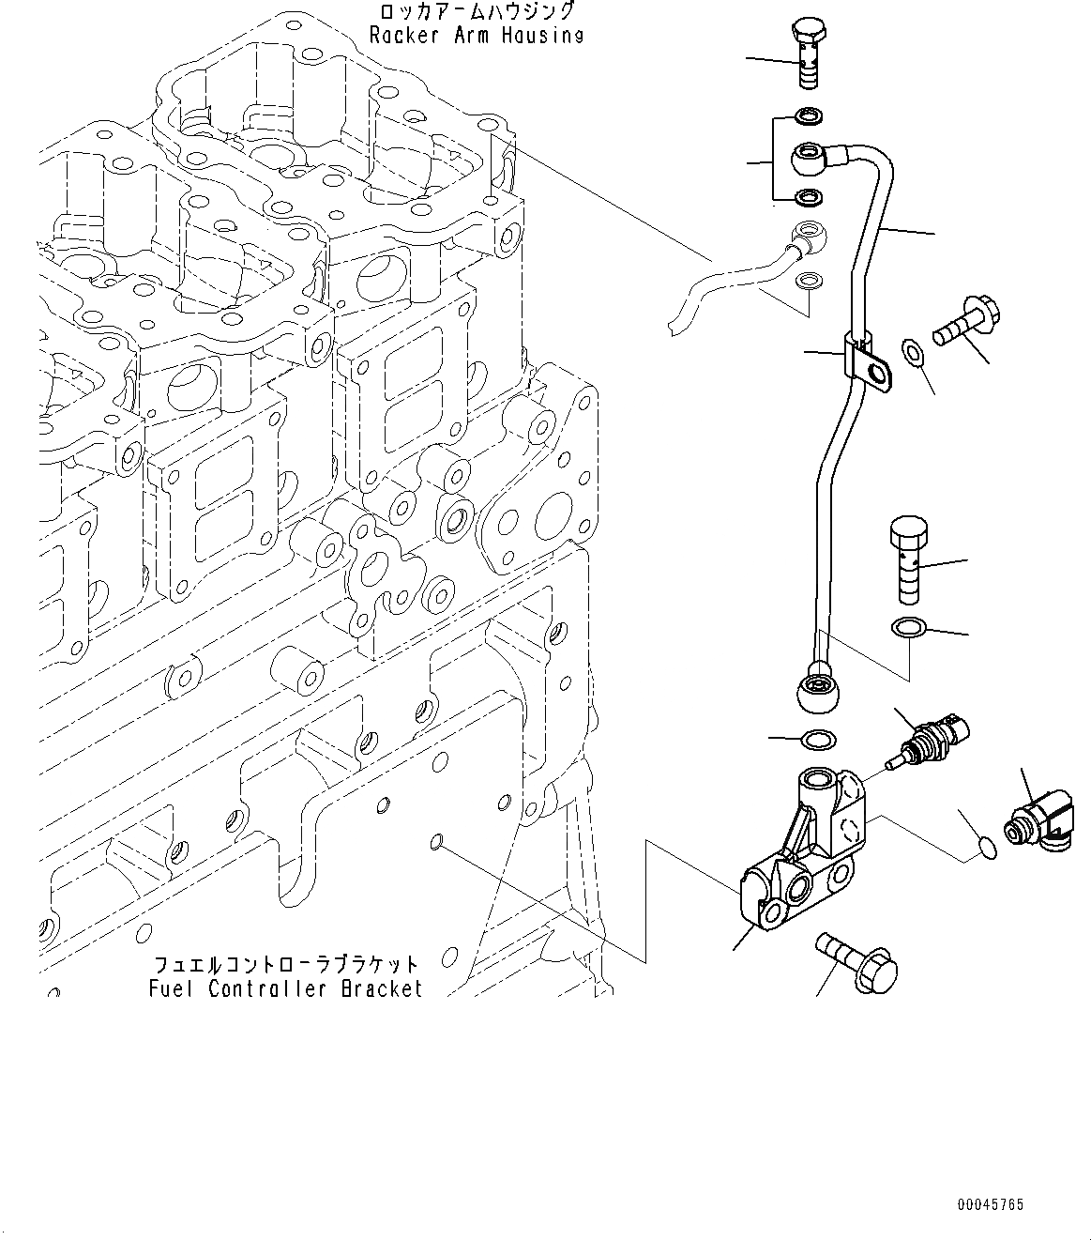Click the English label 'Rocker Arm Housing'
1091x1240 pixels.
(x=477, y=36)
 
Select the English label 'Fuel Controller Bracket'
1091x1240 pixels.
(x=286, y=988)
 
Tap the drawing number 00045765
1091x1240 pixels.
(x=991, y=1204)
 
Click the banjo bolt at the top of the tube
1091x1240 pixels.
(x=811, y=54)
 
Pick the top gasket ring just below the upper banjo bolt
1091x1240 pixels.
(x=810, y=116)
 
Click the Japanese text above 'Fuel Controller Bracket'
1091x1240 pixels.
(x=286, y=965)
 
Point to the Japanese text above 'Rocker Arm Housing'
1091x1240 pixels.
(x=475, y=12)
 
